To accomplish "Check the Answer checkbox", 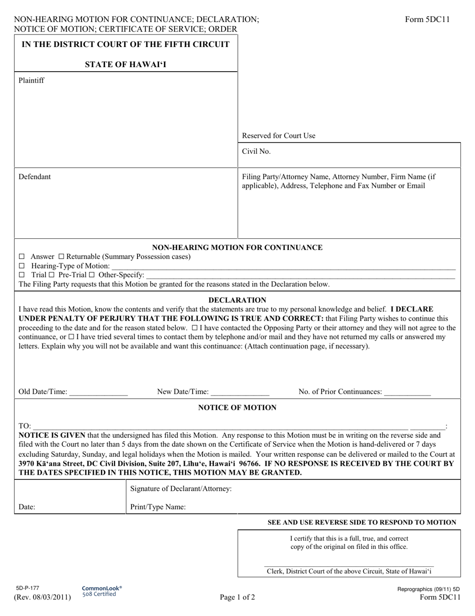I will (21, 257).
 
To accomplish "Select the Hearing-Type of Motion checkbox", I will (21, 266).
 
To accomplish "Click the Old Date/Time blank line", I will (98, 392).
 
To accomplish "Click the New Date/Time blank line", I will (240, 392).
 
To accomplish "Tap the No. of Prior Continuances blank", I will (407, 392).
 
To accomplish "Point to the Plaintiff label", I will (31, 80).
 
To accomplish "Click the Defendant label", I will (34, 177).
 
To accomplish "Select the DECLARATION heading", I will (237, 300).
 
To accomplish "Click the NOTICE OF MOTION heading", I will (237, 408).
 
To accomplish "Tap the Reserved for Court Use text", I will (278, 136).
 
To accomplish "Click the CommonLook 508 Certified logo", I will (101, 591).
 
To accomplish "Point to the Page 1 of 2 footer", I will (237, 597).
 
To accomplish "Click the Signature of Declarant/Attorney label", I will (180, 488).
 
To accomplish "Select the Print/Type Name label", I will (158, 507).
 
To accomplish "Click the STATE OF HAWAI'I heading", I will (125, 64).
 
